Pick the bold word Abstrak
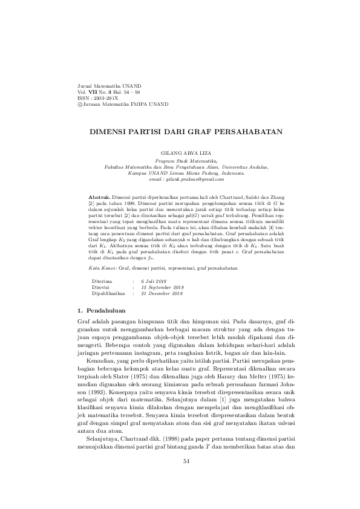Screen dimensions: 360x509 [99, 198]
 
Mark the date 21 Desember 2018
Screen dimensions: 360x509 [162, 293]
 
